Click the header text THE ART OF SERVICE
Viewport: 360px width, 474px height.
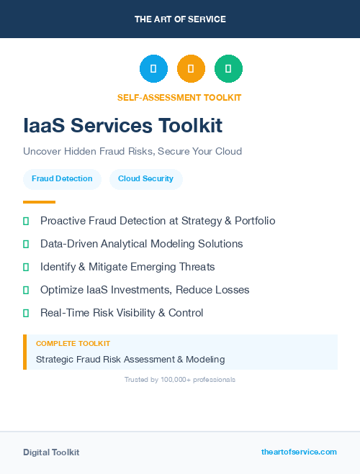click(x=180, y=19)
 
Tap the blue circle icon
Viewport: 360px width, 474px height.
click(x=153, y=69)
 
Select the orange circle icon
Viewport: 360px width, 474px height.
click(x=191, y=69)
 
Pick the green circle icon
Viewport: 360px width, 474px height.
click(x=228, y=69)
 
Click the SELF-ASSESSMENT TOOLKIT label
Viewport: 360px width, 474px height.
click(x=179, y=98)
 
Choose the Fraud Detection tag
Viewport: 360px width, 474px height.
click(x=62, y=178)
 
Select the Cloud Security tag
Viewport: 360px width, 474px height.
click(x=145, y=178)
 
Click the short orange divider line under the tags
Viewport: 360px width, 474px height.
click(x=39, y=202)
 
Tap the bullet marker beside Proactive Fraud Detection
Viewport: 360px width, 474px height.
click(x=26, y=222)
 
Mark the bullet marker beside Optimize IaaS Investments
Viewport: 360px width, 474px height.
click(x=26, y=291)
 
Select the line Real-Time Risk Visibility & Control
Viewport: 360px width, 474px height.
click(x=122, y=313)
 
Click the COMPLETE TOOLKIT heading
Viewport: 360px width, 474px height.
click(x=73, y=344)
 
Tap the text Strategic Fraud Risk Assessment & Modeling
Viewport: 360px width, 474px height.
click(x=130, y=359)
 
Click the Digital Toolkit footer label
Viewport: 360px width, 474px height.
click(x=51, y=452)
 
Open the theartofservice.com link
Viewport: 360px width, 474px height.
click(x=299, y=452)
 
